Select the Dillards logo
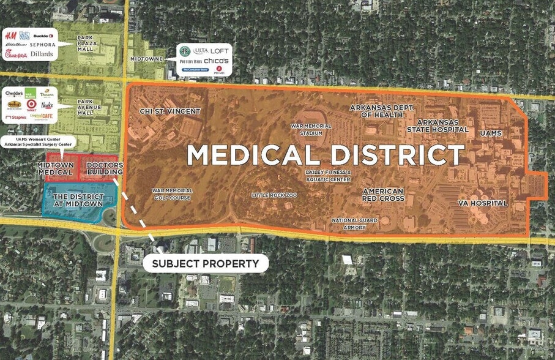[x=42, y=54]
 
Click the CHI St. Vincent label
[x=162, y=111]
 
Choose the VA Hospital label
[x=483, y=203]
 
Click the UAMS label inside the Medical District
[x=491, y=132]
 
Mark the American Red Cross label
[x=383, y=195]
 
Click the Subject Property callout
[x=205, y=264]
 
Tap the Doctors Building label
[x=105, y=168]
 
